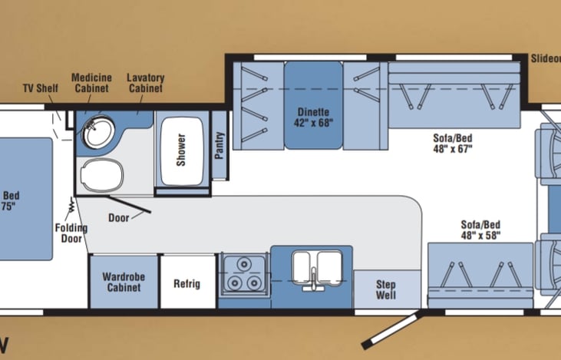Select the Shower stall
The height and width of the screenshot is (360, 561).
[x=182, y=148]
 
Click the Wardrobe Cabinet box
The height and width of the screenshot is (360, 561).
[x=123, y=282]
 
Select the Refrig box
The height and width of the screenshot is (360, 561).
[x=186, y=283]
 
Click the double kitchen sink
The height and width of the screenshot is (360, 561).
[x=314, y=269]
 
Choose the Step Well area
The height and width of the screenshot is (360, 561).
[x=385, y=289]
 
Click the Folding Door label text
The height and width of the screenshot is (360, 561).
[x=71, y=233]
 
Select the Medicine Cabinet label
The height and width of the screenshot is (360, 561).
[x=91, y=82]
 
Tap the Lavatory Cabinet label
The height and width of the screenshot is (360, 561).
[x=145, y=82]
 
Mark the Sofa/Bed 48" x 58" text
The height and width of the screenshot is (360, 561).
[x=480, y=229]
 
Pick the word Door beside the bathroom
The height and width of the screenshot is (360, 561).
[x=119, y=217]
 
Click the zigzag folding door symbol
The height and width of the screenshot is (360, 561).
[x=71, y=206]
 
